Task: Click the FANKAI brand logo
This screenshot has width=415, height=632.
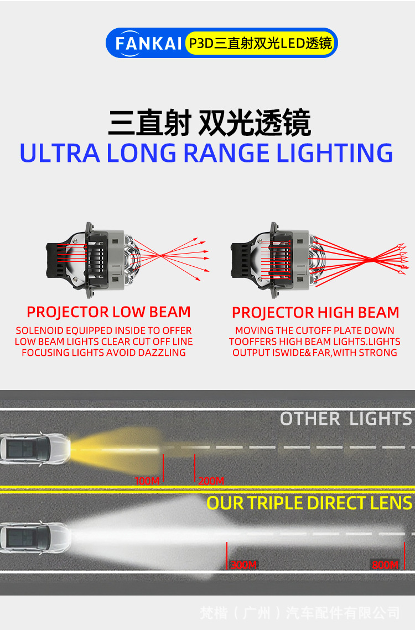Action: pyautogui.click(x=148, y=43)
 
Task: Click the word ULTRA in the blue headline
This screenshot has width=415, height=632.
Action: pyautogui.click(x=59, y=153)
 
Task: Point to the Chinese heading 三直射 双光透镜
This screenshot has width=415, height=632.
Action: pyautogui.click(x=209, y=123)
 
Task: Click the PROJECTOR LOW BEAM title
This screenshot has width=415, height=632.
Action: pyautogui.click(x=108, y=312)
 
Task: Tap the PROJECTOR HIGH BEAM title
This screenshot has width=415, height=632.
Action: pyautogui.click(x=315, y=313)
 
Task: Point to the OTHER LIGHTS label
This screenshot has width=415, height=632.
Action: pyautogui.click(x=346, y=419)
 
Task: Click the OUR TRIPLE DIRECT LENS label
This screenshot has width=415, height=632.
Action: pyautogui.click(x=309, y=503)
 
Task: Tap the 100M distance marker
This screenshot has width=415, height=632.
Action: pyautogui.click(x=147, y=481)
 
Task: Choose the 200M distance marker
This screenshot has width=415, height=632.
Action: pyautogui.click(x=211, y=481)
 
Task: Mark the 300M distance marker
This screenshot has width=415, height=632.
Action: pyautogui.click(x=243, y=565)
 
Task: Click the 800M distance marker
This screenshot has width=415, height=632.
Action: pyautogui.click(x=385, y=565)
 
